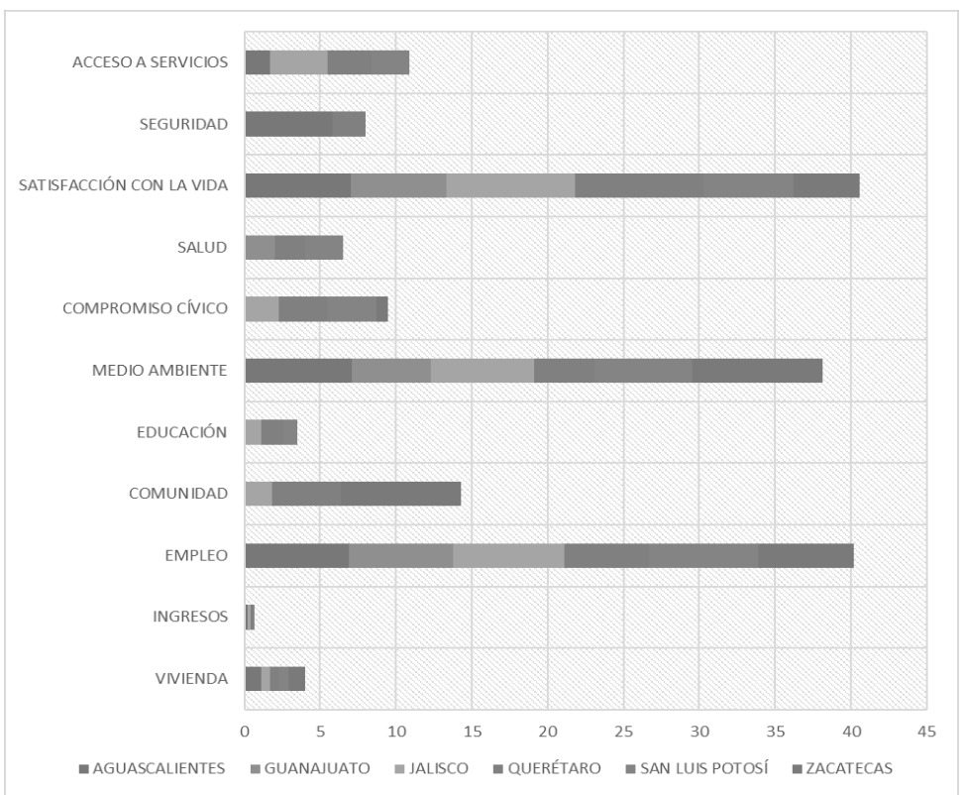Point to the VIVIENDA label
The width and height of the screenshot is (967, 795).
[195, 679]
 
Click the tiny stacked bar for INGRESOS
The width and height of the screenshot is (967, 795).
[250, 618]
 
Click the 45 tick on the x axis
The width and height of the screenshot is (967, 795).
[926, 732]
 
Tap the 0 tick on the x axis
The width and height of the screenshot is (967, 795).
[245, 732]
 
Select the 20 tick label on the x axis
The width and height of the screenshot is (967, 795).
[548, 732]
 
